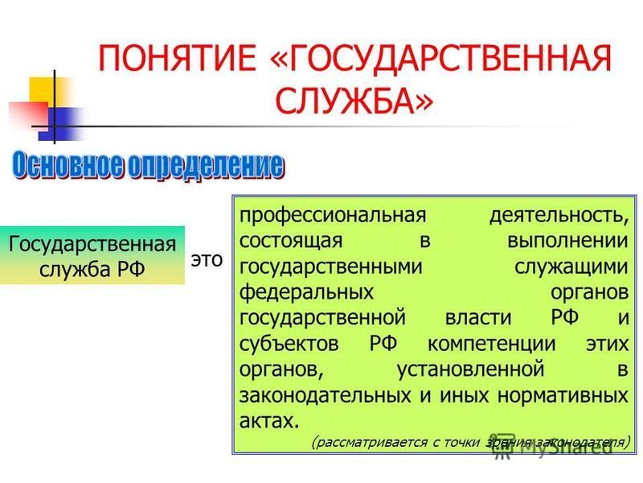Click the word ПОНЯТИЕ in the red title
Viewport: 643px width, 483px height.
pyautogui.click(x=177, y=58)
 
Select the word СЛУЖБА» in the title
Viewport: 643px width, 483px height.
pyautogui.click(x=354, y=101)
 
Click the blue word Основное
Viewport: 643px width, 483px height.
pyautogui.click(x=68, y=166)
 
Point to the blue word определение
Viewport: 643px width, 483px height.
pyautogui.click(x=206, y=166)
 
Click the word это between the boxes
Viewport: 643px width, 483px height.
pyautogui.click(x=207, y=259)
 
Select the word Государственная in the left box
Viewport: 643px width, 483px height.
pyautogui.click(x=92, y=245)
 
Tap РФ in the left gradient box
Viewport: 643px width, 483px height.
pyautogui.click(x=131, y=270)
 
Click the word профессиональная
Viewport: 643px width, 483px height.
pyautogui.click(x=333, y=216)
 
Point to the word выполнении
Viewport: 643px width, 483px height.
pyautogui.click(x=567, y=241)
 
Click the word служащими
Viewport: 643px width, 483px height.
pyautogui.click(x=571, y=267)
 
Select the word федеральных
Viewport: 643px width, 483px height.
pyautogui.click(x=306, y=293)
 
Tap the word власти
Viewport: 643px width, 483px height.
pyautogui.click(x=478, y=318)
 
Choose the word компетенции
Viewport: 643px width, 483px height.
pyautogui.click(x=491, y=345)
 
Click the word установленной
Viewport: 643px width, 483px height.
pyautogui.click(x=470, y=369)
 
